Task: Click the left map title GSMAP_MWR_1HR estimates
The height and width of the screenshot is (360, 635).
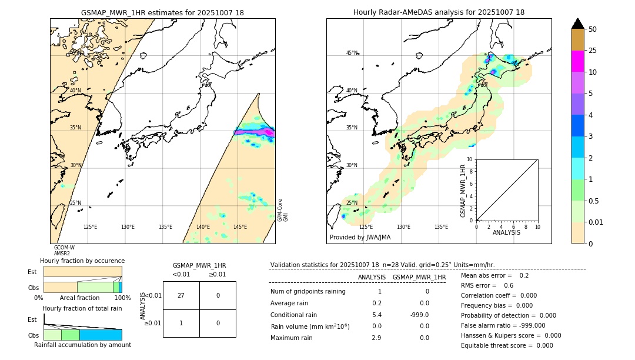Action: point(162,12)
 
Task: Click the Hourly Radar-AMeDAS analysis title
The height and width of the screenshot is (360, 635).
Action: point(439,12)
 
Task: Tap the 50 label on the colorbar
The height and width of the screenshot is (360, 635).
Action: point(593,29)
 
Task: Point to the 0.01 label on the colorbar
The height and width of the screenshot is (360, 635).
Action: point(596,222)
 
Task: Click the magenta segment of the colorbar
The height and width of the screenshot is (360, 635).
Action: point(577,61)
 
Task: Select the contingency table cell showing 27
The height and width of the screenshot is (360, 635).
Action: point(181,296)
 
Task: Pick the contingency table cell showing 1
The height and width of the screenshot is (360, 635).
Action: point(181,323)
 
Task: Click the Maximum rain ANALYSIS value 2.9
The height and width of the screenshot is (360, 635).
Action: point(376,338)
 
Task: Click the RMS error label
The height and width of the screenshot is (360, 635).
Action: point(479,286)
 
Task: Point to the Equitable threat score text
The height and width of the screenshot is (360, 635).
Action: point(497,345)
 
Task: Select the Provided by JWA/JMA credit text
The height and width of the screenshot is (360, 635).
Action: point(360,238)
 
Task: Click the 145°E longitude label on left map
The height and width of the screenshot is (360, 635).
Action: point(240,227)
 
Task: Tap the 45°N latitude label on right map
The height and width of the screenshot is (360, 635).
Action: point(352,53)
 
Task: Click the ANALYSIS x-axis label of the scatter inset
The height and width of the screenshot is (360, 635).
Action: point(506,233)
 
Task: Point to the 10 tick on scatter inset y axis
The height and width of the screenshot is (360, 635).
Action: point(469,159)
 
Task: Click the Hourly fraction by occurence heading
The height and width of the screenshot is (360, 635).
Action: point(82,261)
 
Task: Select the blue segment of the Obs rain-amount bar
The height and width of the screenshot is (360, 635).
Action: point(101,335)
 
